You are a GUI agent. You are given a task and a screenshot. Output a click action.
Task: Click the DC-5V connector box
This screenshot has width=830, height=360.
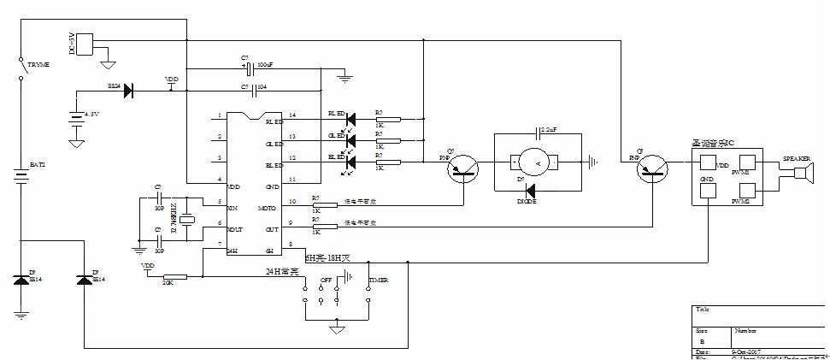[85, 44]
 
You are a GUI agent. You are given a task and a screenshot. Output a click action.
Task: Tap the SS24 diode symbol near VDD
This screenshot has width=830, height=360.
[127, 89]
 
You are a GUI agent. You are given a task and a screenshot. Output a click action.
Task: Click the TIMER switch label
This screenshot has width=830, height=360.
[378, 280]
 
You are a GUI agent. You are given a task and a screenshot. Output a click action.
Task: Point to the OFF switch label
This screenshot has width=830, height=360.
[325, 280]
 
